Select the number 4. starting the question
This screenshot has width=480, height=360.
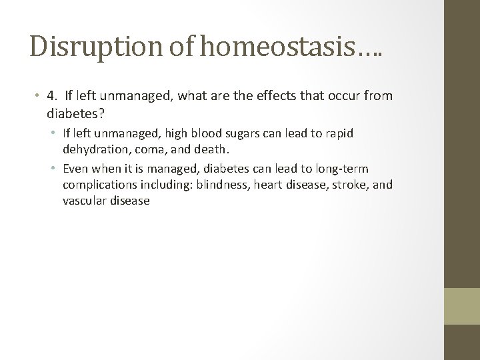point(52,96)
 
